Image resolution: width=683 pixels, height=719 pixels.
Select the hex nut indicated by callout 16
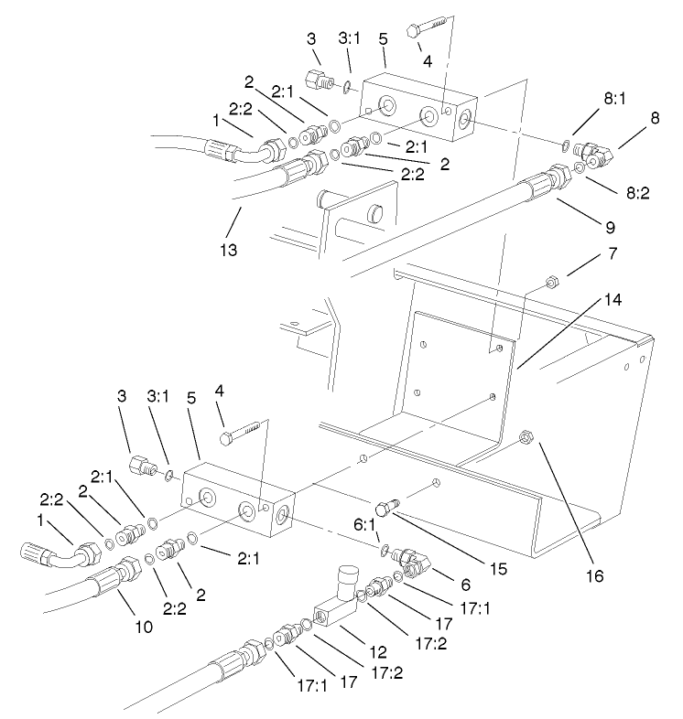[526, 437]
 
